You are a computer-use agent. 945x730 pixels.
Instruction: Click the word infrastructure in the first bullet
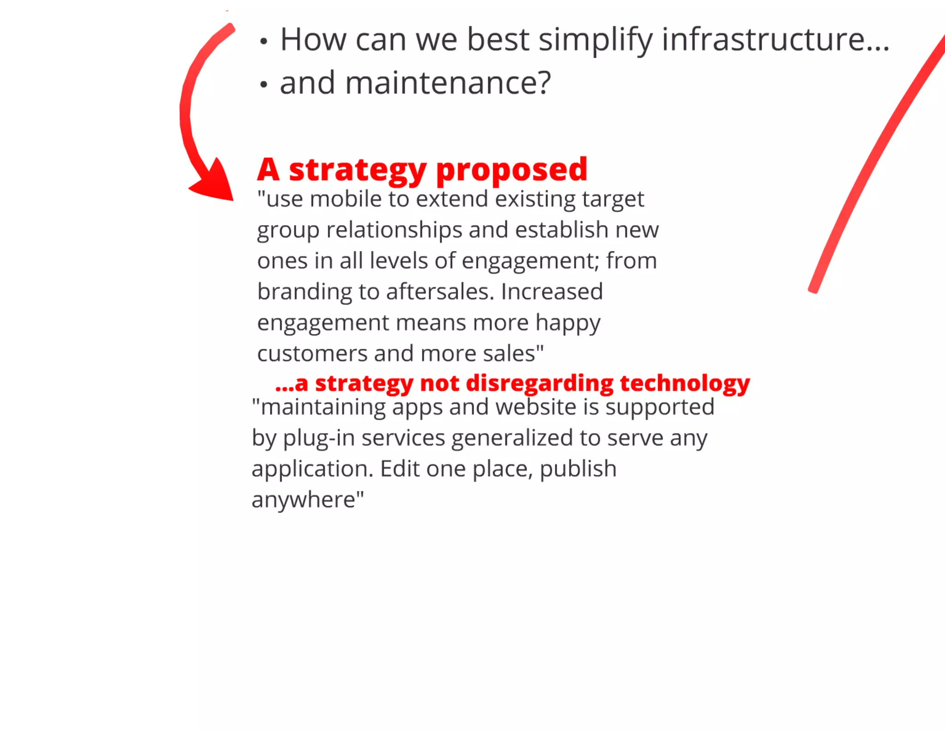point(775,40)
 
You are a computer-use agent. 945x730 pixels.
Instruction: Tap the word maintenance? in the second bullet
point(448,83)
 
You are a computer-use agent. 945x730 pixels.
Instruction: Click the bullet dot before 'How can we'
point(263,42)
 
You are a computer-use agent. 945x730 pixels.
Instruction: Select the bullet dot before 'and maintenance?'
point(263,85)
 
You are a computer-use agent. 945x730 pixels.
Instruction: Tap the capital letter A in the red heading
point(268,170)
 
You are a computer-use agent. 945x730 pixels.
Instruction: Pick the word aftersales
point(440,292)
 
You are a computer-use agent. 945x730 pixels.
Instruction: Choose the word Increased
point(552,292)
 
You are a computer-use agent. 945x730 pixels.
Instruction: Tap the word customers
point(312,354)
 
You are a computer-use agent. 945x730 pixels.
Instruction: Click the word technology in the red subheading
point(685,384)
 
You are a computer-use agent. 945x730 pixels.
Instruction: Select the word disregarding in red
point(539,384)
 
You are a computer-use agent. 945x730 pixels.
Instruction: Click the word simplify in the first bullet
point(595,41)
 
